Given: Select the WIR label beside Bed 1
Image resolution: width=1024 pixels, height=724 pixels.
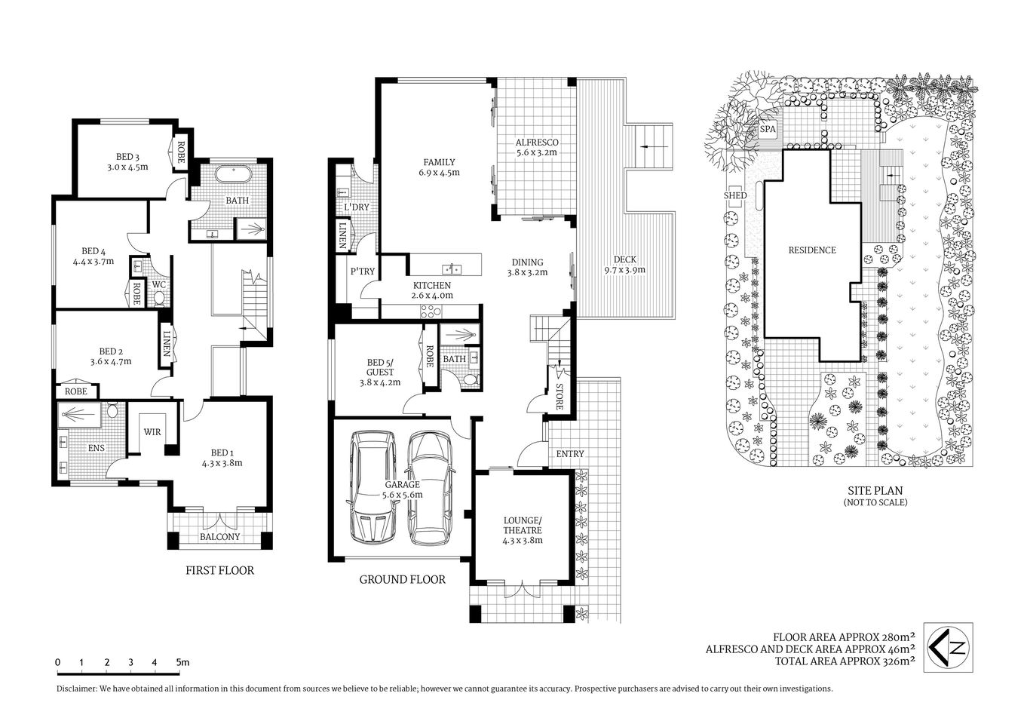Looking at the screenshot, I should [x=153, y=432].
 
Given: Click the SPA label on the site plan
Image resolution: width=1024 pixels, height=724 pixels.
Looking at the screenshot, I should [x=768, y=129].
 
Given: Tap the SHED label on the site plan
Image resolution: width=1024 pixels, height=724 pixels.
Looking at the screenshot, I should [x=734, y=195].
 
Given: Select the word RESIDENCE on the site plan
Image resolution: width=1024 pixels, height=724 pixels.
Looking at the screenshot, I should [x=812, y=250].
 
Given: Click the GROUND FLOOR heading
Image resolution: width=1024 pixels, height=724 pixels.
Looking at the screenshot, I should [x=402, y=579].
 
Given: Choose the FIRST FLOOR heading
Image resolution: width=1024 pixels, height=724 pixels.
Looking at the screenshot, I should [x=219, y=570].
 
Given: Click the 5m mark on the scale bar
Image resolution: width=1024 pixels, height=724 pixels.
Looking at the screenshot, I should [x=182, y=662].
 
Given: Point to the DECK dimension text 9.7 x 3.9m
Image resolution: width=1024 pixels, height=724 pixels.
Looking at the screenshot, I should [x=624, y=269].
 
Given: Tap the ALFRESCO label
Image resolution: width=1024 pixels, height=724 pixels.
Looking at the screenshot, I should [x=535, y=142].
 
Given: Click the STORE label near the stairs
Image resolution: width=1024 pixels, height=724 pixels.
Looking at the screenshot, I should [x=559, y=398].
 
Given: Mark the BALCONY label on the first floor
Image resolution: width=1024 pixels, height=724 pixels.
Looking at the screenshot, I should [x=219, y=536].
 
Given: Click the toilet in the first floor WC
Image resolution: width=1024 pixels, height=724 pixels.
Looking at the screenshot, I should [x=159, y=298].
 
